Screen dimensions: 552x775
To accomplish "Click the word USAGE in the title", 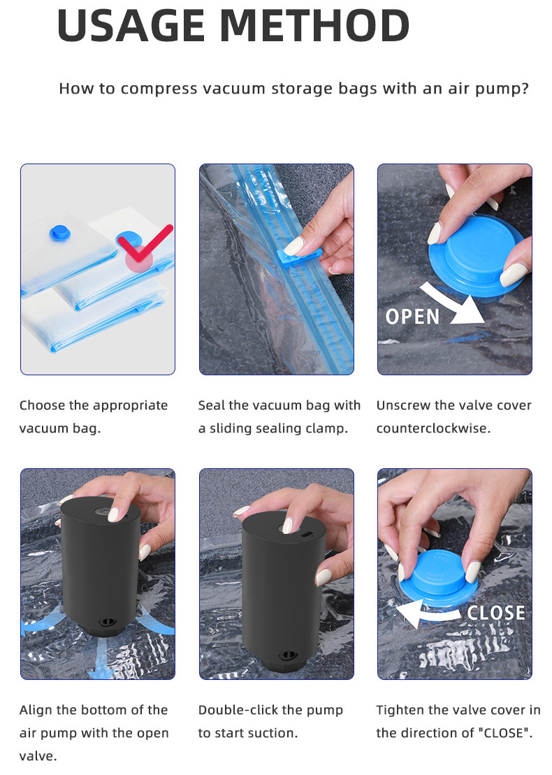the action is [x=131, y=26].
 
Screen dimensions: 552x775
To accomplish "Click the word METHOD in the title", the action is [x=314, y=26].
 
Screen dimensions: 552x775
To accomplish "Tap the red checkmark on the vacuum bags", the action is [x=145, y=242].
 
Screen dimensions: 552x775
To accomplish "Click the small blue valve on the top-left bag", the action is [x=61, y=232].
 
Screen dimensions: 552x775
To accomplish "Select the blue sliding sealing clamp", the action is [x=299, y=255].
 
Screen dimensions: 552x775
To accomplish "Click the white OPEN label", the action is [x=413, y=317].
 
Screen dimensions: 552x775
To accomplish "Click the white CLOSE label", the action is [x=495, y=613].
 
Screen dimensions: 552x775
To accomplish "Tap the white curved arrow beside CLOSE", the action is [x=428, y=614].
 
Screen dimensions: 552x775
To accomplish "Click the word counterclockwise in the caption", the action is [x=433, y=428].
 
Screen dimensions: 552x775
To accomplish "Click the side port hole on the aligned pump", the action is [x=106, y=622].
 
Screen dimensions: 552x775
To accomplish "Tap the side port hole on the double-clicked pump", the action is [x=288, y=656].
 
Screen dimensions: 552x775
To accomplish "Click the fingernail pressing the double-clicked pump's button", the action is [x=287, y=525].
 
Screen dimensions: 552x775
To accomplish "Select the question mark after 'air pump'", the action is [x=524, y=88].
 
